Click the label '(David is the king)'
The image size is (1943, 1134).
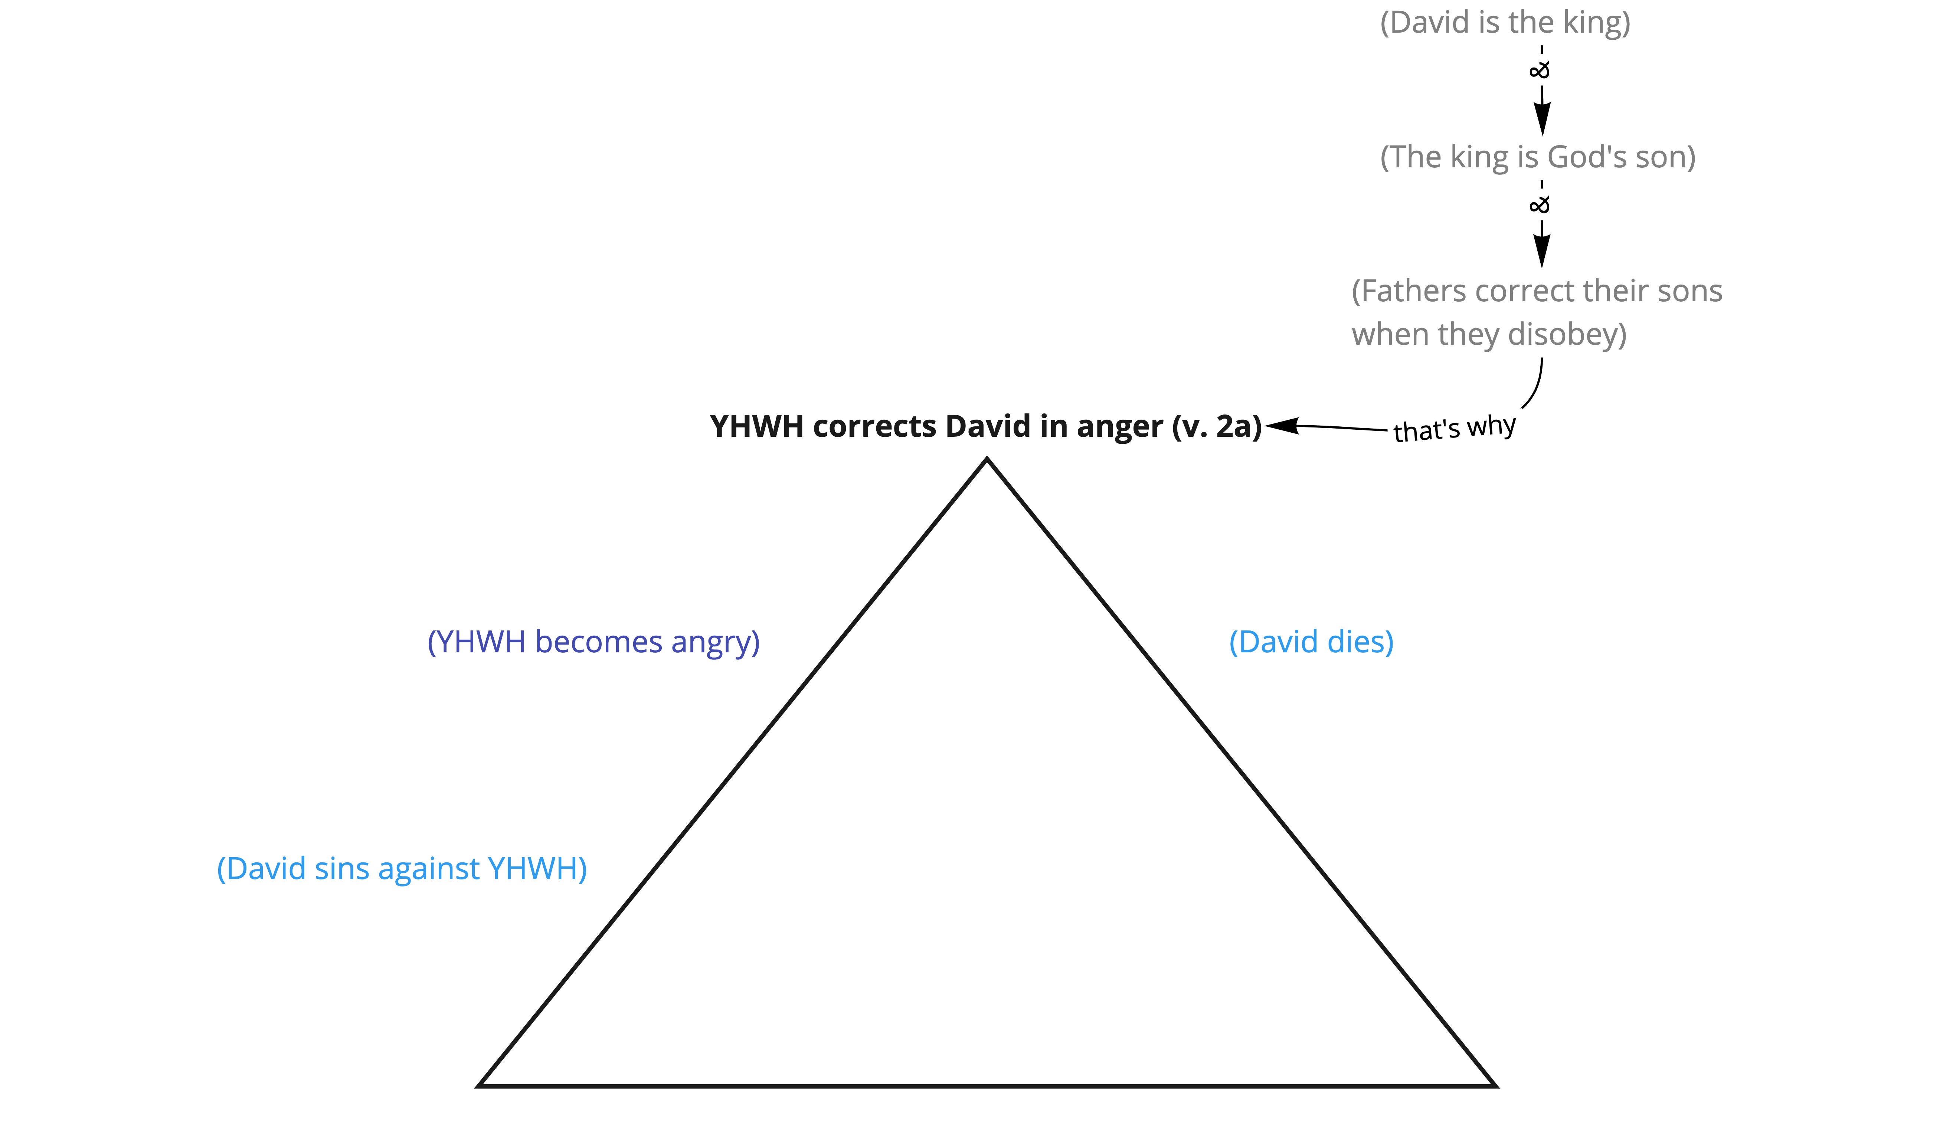pos(1505,22)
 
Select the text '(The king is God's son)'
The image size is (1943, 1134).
pos(1537,157)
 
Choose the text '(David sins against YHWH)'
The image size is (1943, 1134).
pos(402,869)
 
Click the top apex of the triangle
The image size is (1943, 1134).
pos(987,459)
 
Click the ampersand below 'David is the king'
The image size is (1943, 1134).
pos(1540,70)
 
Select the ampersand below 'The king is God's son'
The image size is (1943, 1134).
pos(1540,204)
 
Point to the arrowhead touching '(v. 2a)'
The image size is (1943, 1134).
pos(1282,426)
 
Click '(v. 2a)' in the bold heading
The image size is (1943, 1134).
pos(1217,426)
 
